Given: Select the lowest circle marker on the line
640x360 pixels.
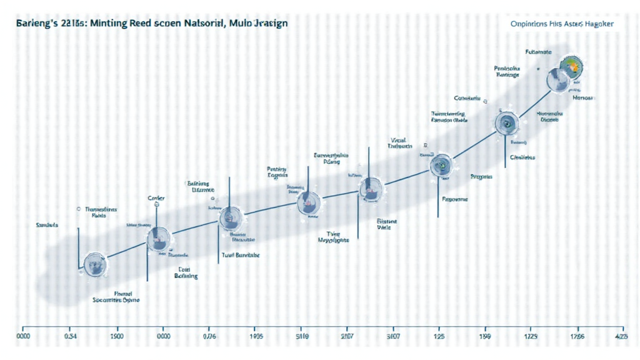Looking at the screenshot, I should click(96, 265).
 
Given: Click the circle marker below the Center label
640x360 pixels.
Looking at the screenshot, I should click(157, 237).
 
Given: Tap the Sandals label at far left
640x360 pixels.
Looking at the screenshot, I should click(47, 224).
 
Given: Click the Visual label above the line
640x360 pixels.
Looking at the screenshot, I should click(399, 139).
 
